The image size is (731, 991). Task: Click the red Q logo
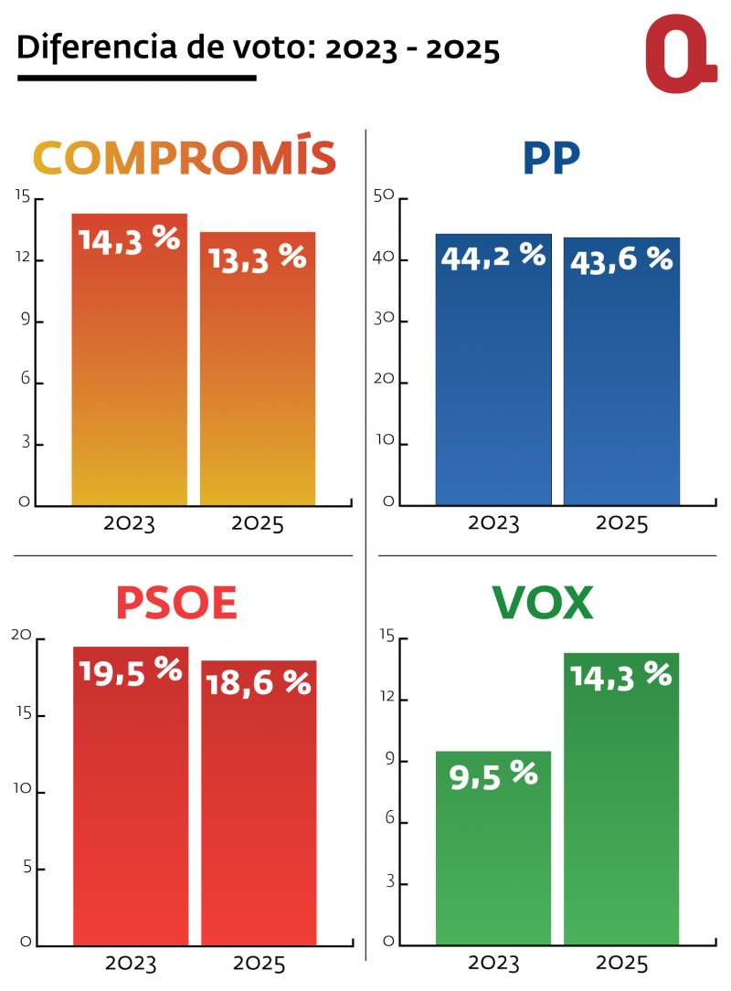pyautogui.click(x=680, y=54)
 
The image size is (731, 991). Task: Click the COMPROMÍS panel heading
pyautogui.click(x=185, y=158)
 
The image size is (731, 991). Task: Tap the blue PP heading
pyautogui.click(x=551, y=158)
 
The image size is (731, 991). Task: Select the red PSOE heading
pyautogui.click(x=176, y=603)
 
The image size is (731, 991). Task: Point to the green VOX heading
pyautogui.click(x=543, y=603)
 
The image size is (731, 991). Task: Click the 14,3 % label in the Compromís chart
pyautogui.click(x=129, y=238)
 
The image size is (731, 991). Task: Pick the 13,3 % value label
pyautogui.click(x=258, y=257)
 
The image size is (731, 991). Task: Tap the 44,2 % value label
pyautogui.click(x=493, y=257)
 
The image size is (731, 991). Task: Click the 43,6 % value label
pyautogui.click(x=621, y=260)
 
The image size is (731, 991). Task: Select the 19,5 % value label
pyautogui.click(x=131, y=671)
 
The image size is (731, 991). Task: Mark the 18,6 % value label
pyautogui.click(x=260, y=683)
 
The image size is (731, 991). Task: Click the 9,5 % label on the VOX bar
pyautogui.click(x=493, y=775)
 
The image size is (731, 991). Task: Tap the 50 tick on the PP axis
pyautogui.click(x=385, y=197)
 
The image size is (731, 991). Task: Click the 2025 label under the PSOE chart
pyautogui.click(x=260, y=964)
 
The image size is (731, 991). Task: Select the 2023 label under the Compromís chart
pyautogui.click(x=130, y=524)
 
